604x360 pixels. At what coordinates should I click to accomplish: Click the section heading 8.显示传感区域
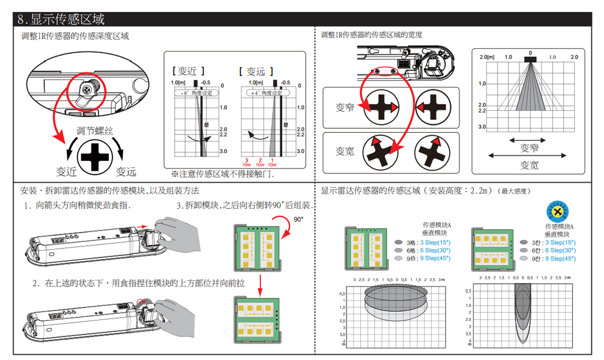pyautogui.click(x=60, y=19)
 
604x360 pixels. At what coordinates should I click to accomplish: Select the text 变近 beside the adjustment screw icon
pyautogui.click(x=65, y=172)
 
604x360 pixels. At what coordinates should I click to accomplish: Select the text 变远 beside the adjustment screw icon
pyautogui.click(x=126, y=172)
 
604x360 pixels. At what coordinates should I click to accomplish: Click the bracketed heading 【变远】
pyautogui.click(x=256, y=71)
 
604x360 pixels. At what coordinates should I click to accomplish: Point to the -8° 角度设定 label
pyautogui.click(x=197, y=93)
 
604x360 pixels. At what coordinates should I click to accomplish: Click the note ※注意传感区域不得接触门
pyautogui.click(x=222, y=174)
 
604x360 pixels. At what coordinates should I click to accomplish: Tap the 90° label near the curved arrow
pyautogui.click(x=298, y=219)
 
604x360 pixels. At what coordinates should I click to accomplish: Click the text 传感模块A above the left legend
pyautogui.click(x=437, y=225)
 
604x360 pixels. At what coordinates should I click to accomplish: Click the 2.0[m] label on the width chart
pyautogui.click(x=487, y=57)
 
